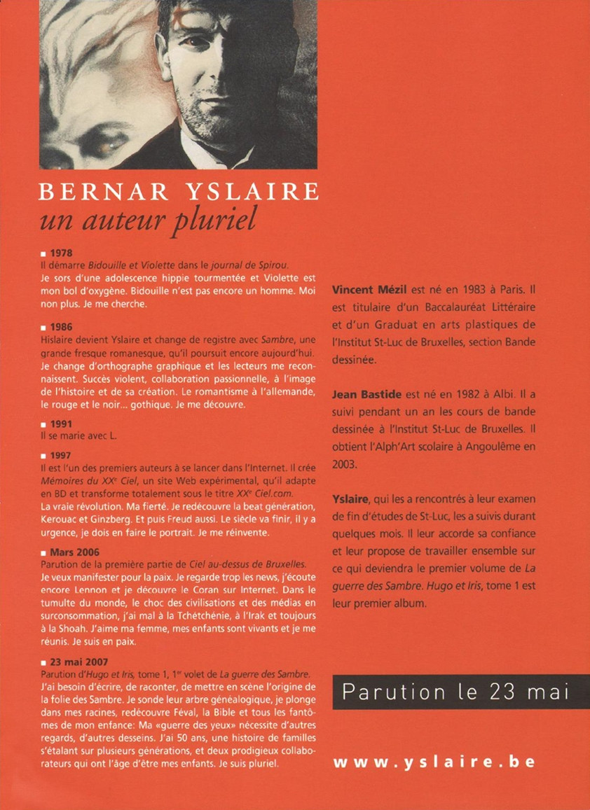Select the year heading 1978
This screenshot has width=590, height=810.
coord(61,253)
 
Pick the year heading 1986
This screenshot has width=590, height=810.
coord(61,326)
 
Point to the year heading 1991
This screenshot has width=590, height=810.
coord(61,424)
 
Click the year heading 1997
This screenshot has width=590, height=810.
coord(61,454)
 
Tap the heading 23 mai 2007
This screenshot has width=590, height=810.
coord(78,661)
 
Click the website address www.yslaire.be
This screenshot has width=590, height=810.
coord(434,762)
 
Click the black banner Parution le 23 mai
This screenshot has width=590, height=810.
coord(454,692)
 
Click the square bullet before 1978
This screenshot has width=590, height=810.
coord(43,254)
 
